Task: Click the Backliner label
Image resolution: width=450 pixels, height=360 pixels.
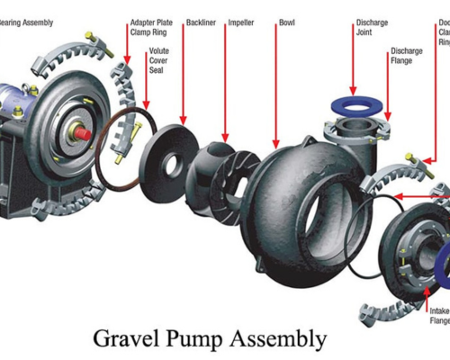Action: (201, 21)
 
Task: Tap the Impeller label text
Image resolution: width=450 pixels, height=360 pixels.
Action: (240, 21)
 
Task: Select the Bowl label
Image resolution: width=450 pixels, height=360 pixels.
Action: (287, 21)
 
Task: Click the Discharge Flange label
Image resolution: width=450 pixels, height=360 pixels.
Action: (407, 57)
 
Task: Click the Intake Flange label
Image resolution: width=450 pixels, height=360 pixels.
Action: (439, 315)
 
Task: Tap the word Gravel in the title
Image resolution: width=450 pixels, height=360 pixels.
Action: (126, 338)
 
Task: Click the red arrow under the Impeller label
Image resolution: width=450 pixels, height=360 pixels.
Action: (226, 85)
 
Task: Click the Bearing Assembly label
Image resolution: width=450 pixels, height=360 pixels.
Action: (27, 21)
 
